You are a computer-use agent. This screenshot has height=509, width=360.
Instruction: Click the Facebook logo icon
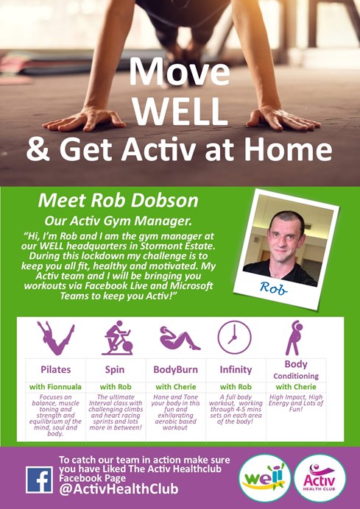[x=39, y=480]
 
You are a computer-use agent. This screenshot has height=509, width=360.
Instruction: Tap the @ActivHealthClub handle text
[x=119, y=488]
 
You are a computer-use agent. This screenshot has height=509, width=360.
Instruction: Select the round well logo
[x=264, y=478]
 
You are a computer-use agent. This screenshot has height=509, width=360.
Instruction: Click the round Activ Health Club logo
[x=320, y=478]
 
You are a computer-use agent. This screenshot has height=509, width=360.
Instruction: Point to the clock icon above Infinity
[x=234, y=338]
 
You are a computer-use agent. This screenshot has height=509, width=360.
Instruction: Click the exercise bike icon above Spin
[x=117, y=338]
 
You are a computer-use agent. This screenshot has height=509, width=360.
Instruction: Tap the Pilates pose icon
[x=55, y=338]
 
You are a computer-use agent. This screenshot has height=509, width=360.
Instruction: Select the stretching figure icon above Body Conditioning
[x=294, y=338]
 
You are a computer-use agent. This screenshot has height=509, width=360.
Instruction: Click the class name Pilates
[x=55, y=370]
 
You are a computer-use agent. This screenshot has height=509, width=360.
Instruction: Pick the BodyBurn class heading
[x=175, y=370]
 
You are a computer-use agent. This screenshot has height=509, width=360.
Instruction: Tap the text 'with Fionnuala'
[x=55, y=387]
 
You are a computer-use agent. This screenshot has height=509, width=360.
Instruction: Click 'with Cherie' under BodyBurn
[x=176, y=387]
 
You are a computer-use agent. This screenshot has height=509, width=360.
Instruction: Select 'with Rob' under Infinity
[x=236, y=387]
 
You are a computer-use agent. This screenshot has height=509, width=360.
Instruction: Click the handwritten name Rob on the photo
[x=273, y=288]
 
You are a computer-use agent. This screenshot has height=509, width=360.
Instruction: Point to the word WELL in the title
[x=180, y=111]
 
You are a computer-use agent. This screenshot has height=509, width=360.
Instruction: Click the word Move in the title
[x=180, y=71]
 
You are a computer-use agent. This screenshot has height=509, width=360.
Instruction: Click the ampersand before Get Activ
[x=39, y=149]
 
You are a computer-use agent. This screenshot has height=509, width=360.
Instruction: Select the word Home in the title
[x=289, y=149]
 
